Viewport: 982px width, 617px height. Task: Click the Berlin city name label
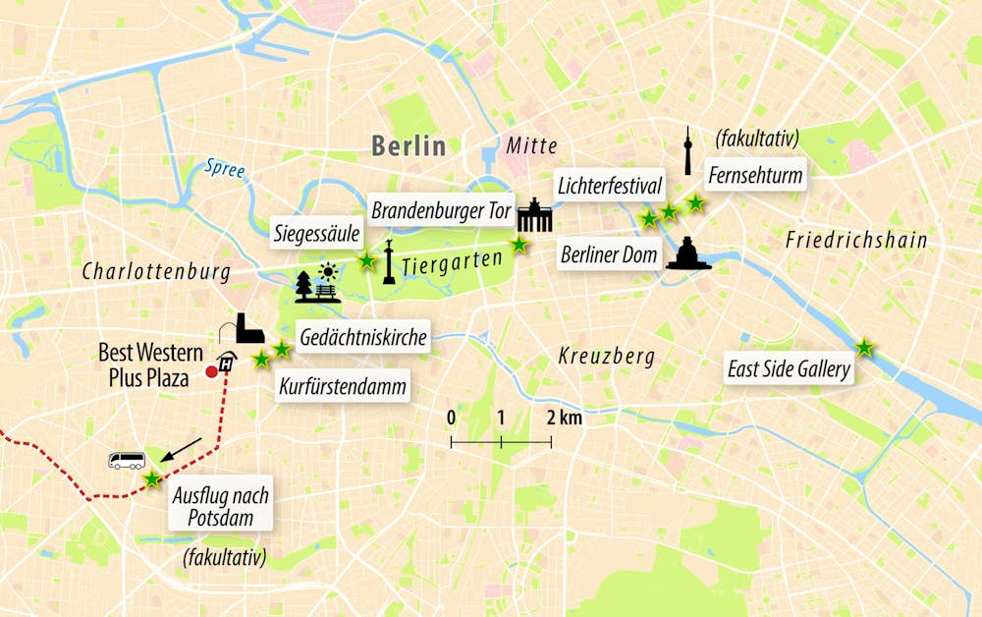(409, 146)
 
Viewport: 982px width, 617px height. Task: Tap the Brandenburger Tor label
(441, 211)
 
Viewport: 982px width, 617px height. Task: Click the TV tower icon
(688, 151)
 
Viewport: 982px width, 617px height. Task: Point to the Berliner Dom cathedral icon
(688, 253)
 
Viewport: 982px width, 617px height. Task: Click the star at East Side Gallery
(864, 348)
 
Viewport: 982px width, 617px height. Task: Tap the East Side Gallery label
(789, 370)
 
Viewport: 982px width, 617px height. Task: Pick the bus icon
(127, 461)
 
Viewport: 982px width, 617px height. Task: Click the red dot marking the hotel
(210, 372)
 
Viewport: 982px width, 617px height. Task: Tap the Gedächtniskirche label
(362, 339)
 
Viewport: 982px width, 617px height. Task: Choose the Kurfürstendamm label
(343, 386)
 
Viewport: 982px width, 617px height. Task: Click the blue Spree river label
(224, 169)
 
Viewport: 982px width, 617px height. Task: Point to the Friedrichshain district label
(856, 240)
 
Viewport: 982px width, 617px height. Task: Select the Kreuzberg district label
(606, 355)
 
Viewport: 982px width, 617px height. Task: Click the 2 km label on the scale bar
(565, 418)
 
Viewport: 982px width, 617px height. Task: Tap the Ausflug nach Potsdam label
(220, 506)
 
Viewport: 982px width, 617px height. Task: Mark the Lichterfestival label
(610, 185)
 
